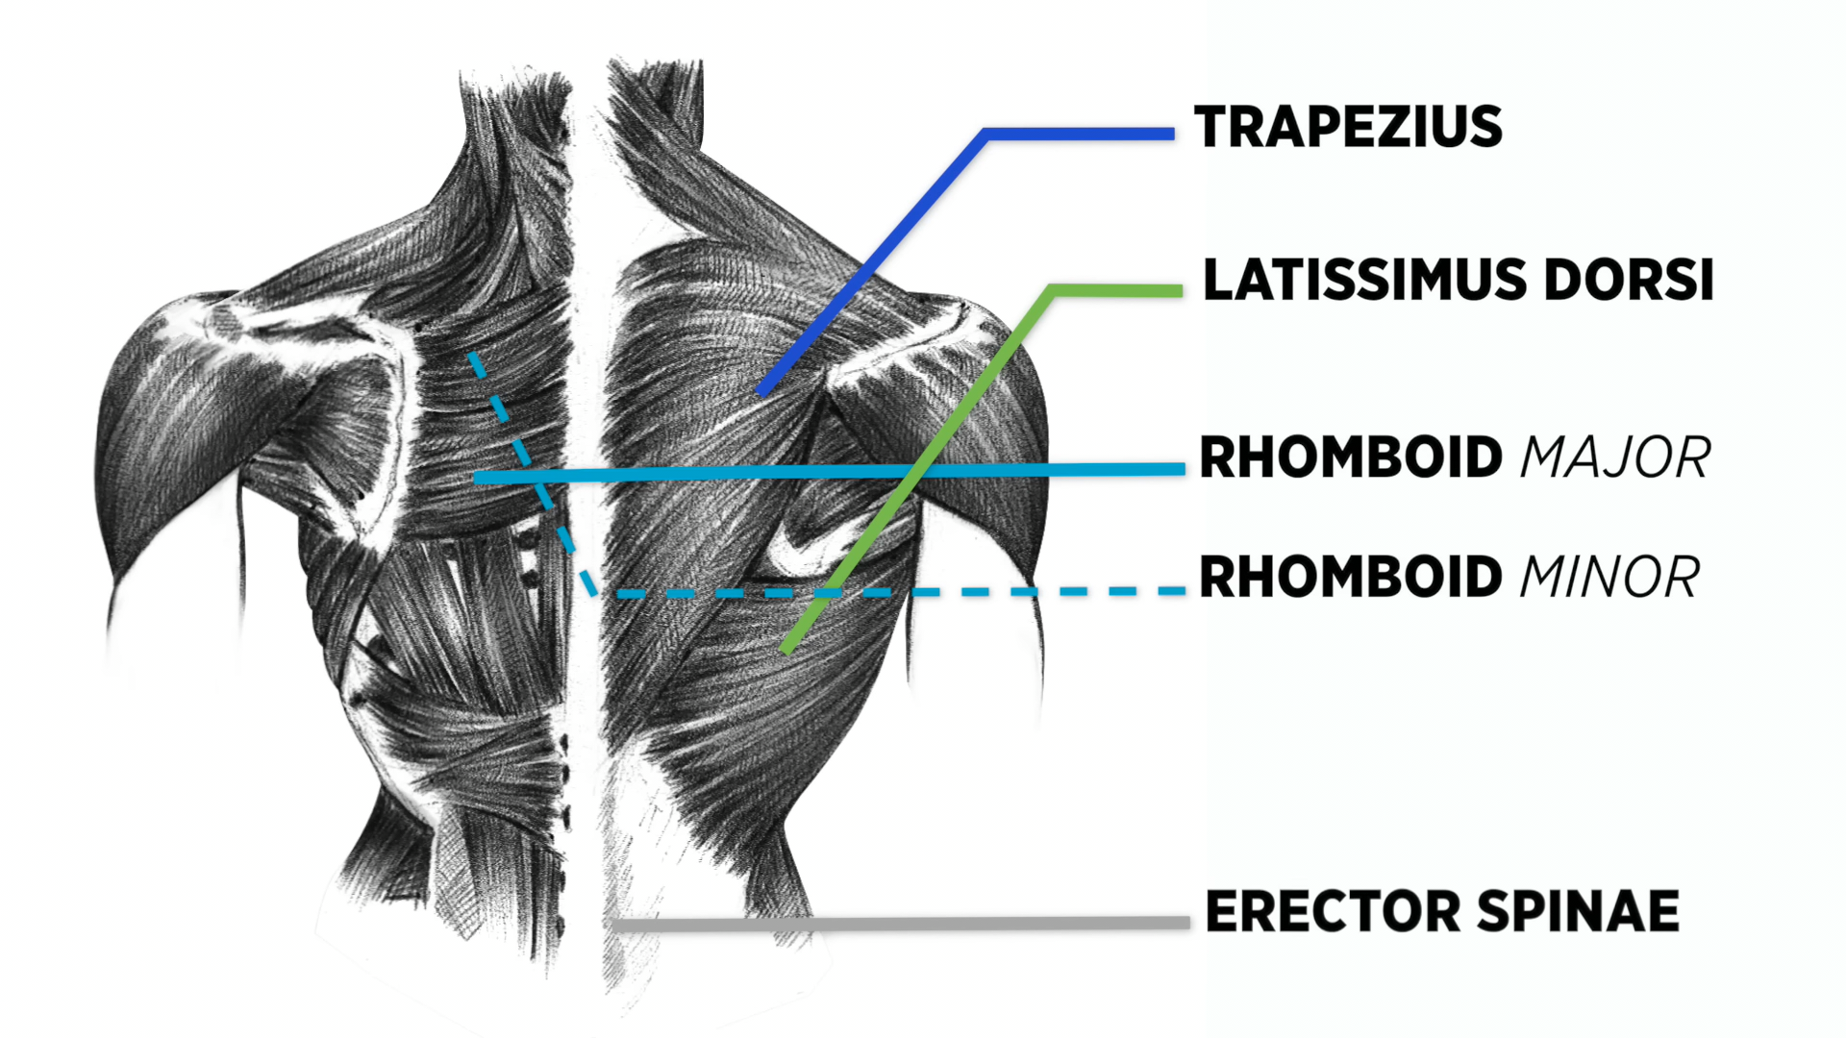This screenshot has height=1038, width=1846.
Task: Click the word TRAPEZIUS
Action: (1348, 128)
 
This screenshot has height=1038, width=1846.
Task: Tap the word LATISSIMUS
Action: (1364, 281)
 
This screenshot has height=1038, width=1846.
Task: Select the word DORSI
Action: (1629, 281)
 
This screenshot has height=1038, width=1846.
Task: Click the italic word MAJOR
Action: (1615, 457)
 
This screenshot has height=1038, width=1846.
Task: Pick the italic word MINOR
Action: (1609, 578)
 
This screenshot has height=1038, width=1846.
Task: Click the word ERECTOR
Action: (1333, 912)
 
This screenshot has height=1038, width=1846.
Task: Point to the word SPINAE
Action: (1578, 912)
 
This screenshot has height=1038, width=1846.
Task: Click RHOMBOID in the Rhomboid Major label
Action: (1351, 457)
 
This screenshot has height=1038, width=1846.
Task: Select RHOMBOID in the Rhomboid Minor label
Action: (1351, 578)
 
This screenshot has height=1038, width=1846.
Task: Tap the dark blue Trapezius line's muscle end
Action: (762, 392)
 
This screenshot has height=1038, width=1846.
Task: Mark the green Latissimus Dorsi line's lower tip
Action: (786, 650)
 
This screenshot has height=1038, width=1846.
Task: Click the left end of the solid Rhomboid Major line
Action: (478, 478)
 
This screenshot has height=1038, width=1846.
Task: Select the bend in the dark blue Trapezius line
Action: (985, 135)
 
